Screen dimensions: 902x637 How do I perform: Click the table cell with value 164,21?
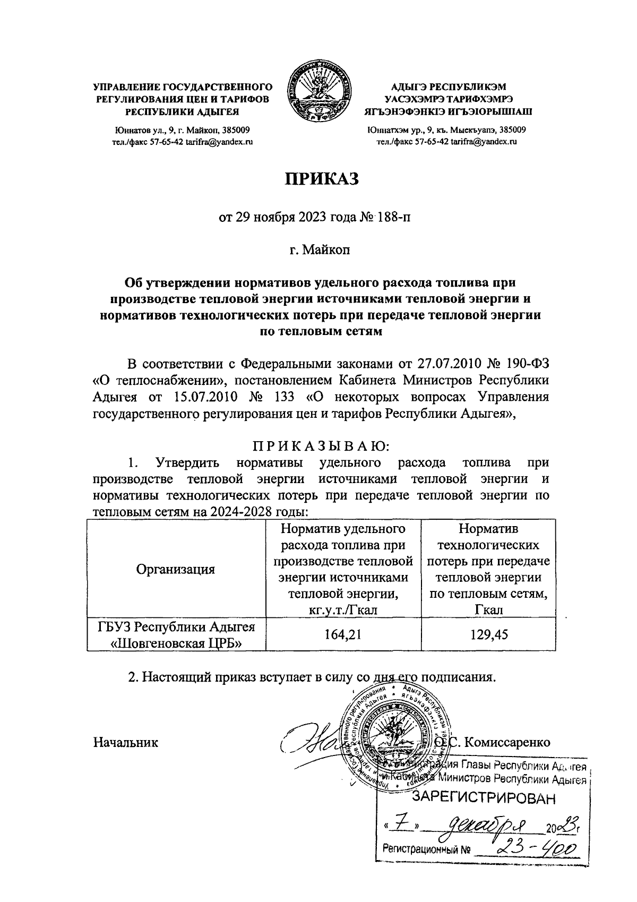[x=343, y=634]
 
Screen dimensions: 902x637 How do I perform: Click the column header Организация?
[x=176, y=570]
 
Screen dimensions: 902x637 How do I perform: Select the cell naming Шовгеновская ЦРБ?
[x=176, y=634]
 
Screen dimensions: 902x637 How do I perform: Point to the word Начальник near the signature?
[x=126, y=742]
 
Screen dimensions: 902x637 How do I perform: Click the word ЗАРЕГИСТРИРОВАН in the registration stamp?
[x=486, y=797]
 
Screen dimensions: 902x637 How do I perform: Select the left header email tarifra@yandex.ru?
[x=219, y=142]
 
